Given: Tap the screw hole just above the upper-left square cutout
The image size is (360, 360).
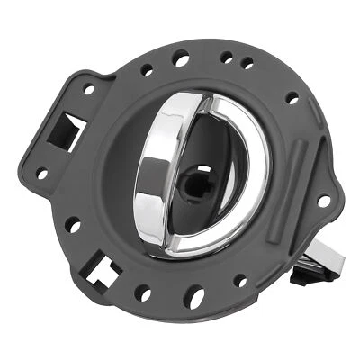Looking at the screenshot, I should coord(89,89).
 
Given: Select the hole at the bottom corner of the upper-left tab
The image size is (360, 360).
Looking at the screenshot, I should coord(41,173).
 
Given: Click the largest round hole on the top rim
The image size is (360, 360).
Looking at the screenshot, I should coord(183,60).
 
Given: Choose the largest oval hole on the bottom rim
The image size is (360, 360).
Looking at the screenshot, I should coord(193,292).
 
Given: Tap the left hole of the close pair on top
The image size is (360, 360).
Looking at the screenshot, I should coord(226,57).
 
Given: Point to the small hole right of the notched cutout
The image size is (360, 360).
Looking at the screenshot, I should coord(142,292).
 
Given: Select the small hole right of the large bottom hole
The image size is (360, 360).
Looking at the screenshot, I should coord(239,281).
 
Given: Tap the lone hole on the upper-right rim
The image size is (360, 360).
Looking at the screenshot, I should coord(291,98).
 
